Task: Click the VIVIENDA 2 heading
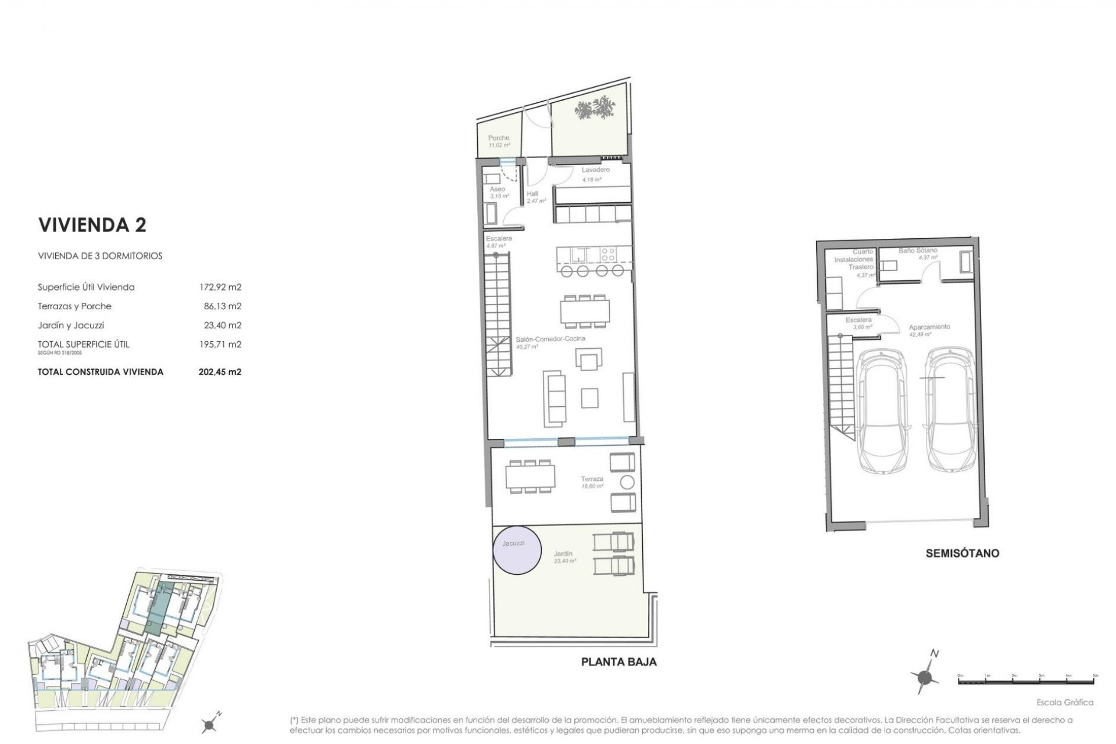pyautogui.click(x=92, y=225)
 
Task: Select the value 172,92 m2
pyautogui.click(x=220, y=287)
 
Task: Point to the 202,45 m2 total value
pyautogui.click(x=220, y=372)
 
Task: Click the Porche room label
pyautogui.click(x=499, y=138)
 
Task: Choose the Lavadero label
pyautogui.click(x=595, y=170)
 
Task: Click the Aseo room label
pyautogui.click(x=497, y=189)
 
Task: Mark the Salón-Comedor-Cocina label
pyautogui.click(x=550, y=338)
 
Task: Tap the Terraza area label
pyautogui.click(x=592, y=479)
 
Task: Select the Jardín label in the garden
pyautogui.click(x=563, y=554)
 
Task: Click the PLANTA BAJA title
pyautogui.click(x=619, y=662)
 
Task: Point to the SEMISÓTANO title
pyautogui.click(x=962, y=553)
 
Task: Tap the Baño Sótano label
pyautogui.click(x=918, y=251)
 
